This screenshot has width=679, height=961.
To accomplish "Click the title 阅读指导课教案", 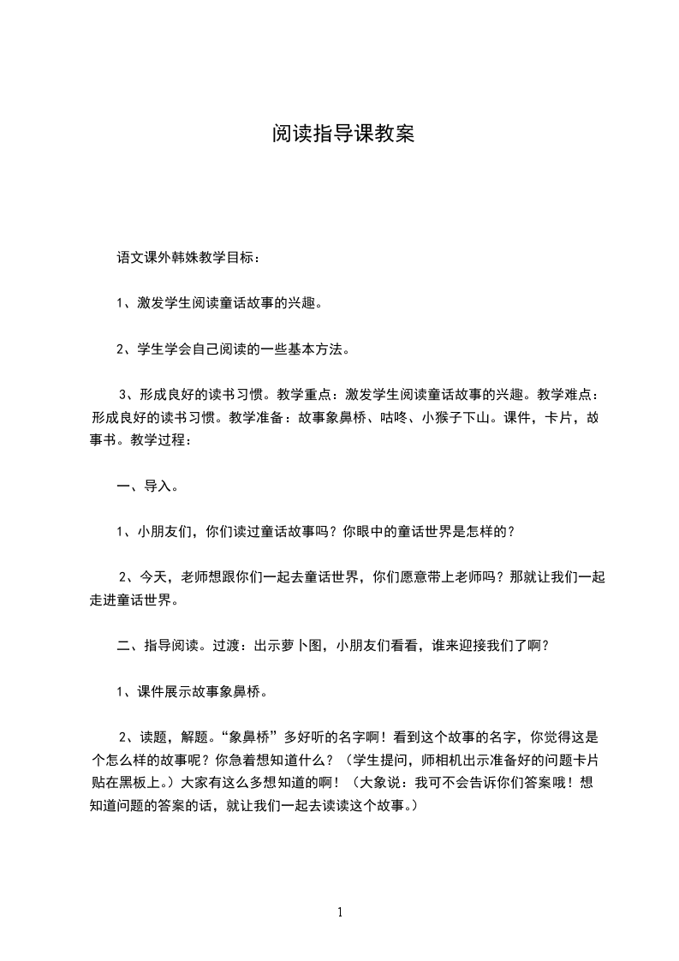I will tap(342, 134).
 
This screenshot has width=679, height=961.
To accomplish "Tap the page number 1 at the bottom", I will tap(340, 912).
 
